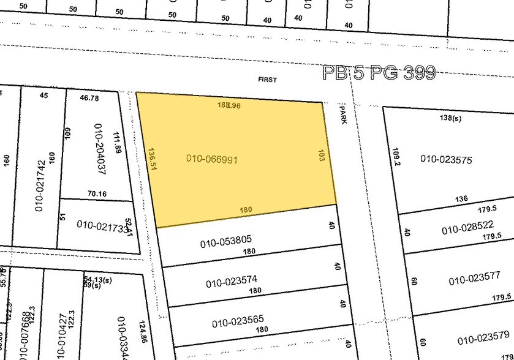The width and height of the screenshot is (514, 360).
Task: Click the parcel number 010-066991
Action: pyautogui.click(x=211, y=159)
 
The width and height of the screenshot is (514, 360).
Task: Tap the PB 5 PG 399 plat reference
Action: pyautogui.click(x=379, y=73)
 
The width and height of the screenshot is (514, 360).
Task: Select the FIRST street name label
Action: pyautogui.click(x=267, y=80)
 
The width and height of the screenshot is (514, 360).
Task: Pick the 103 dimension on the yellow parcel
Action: pyautogui.click(x=321, y=156)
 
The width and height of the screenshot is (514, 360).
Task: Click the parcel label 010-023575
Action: pyautogui.click(x=446, y=159)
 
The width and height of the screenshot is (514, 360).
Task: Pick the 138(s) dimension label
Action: pyautogui.click(x=450, y=118)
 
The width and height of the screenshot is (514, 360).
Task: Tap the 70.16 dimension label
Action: pyautogui.click(x=97, y=194)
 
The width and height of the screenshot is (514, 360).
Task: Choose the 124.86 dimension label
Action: pyautogui.click(x=143, y=328)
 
